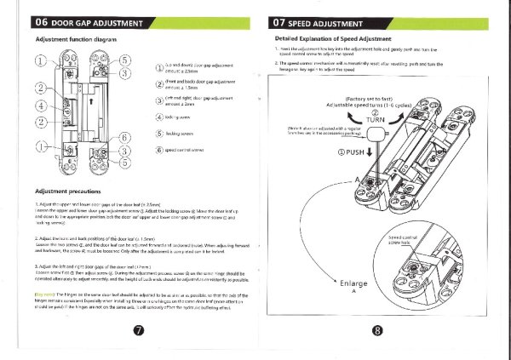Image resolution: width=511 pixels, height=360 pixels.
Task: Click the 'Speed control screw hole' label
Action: coord(405,240)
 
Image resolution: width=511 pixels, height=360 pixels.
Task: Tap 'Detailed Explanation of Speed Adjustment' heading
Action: coord(332,39)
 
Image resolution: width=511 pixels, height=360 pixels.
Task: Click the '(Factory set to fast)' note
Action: coord(371,100)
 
